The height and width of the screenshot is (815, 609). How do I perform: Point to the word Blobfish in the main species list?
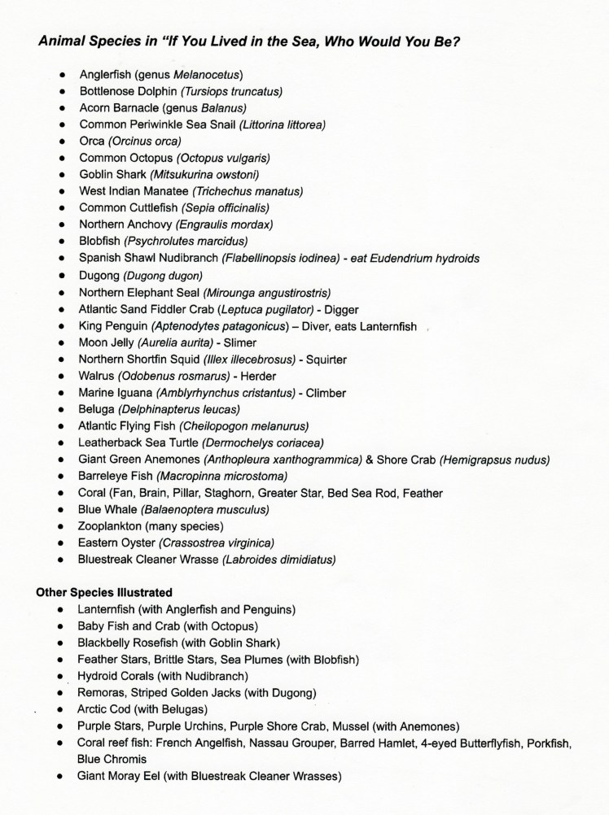(100, 242)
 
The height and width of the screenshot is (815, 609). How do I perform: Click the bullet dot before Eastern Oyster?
(64, 543)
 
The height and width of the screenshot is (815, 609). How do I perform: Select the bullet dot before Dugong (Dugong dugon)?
(64, 276)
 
